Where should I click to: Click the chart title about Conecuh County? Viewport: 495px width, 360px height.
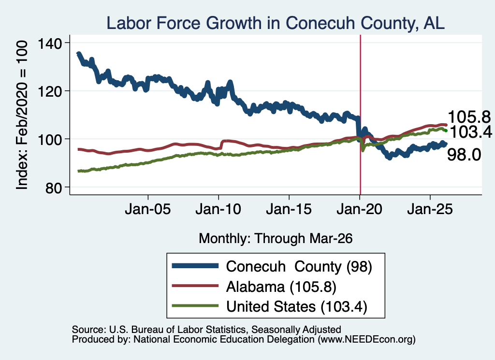[x=275, y=23]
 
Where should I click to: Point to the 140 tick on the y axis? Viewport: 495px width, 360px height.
[x=50, y=43]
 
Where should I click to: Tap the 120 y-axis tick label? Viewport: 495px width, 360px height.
[x=50, y=91]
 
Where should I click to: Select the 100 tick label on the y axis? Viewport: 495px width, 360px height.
[x=50, y=140]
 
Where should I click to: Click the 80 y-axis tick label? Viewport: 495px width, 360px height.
[x=53, y=188]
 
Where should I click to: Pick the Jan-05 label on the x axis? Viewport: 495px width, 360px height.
[x=148, y=209]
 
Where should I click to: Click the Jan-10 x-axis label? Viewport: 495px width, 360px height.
[x=218, y=209]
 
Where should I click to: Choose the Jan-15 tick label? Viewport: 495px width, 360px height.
[x=289, y=209]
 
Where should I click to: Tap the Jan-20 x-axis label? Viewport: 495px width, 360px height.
[x=359, y=209]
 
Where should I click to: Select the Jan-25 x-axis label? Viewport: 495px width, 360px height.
[x=430, y=209]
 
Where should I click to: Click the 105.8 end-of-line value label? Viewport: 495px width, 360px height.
[x=469, y=117]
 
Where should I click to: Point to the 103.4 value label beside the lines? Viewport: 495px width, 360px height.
[x=471, y=131]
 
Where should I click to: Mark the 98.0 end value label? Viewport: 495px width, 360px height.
[x=464, y=155]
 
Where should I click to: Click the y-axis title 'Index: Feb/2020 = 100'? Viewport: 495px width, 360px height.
[x=22, y=115]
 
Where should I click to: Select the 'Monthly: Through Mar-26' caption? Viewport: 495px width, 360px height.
[x=276, y=239]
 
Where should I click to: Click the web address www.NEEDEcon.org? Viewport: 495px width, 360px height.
[x=366, y=340]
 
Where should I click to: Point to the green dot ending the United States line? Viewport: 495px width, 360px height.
[x=446, y=130]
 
